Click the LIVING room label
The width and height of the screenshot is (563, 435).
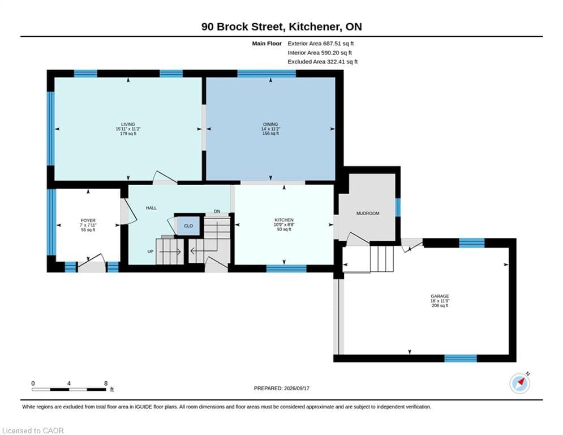128,124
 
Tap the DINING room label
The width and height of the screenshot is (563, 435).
270,124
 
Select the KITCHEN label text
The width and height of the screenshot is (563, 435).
284,220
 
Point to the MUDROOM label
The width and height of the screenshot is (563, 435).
368,213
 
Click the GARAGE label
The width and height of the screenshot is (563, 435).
440,296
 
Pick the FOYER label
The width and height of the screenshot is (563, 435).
88,220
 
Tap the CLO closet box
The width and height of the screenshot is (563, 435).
188,226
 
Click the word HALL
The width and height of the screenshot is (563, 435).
151,208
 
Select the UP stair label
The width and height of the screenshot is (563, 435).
151,251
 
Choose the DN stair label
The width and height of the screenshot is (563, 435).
217,211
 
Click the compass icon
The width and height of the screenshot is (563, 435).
519,383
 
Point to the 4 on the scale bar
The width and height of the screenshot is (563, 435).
68,383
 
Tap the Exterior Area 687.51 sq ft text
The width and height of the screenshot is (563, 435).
321,44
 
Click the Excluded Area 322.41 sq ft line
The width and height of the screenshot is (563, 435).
323,62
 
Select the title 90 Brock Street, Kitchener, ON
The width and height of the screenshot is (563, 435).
282,27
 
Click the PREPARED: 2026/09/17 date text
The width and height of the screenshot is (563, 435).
282,388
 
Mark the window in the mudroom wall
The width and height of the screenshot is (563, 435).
398,207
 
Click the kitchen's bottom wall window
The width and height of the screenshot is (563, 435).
286,268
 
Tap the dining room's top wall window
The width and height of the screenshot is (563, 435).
267,74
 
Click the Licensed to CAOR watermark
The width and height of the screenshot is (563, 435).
33,430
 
